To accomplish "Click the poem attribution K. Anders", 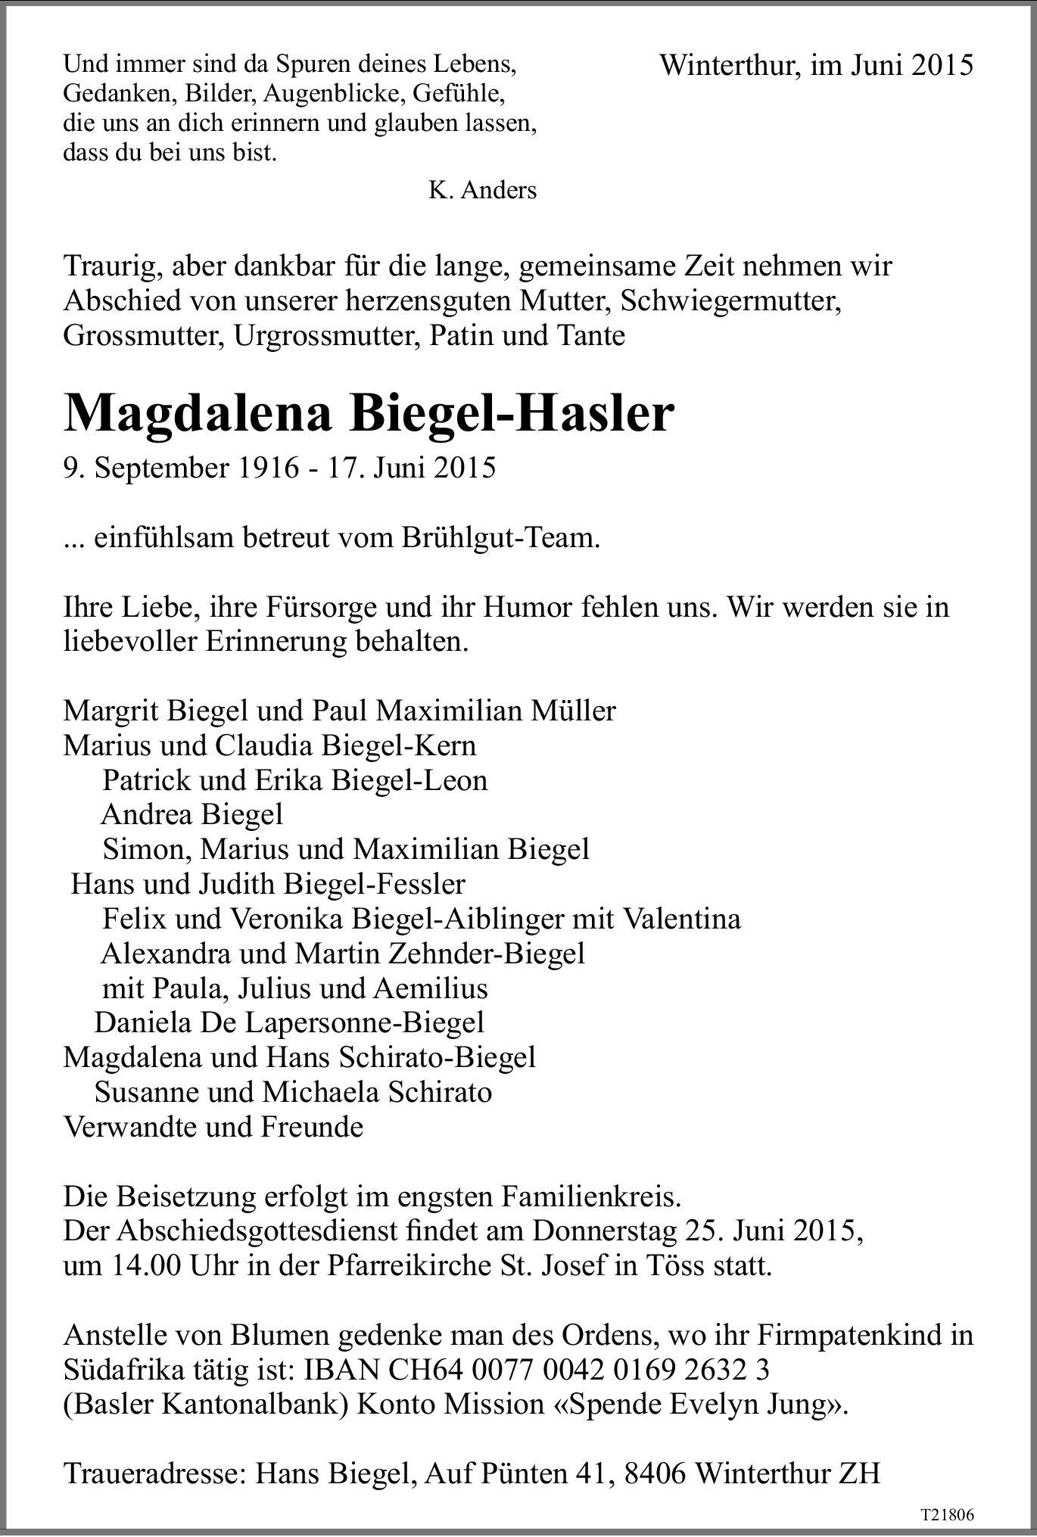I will click(482, 190).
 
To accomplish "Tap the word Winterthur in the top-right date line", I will click(727, 66).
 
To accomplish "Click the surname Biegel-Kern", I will click(399, 745).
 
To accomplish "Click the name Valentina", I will click(680, 919).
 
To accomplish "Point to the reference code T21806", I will click(947, 1515).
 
